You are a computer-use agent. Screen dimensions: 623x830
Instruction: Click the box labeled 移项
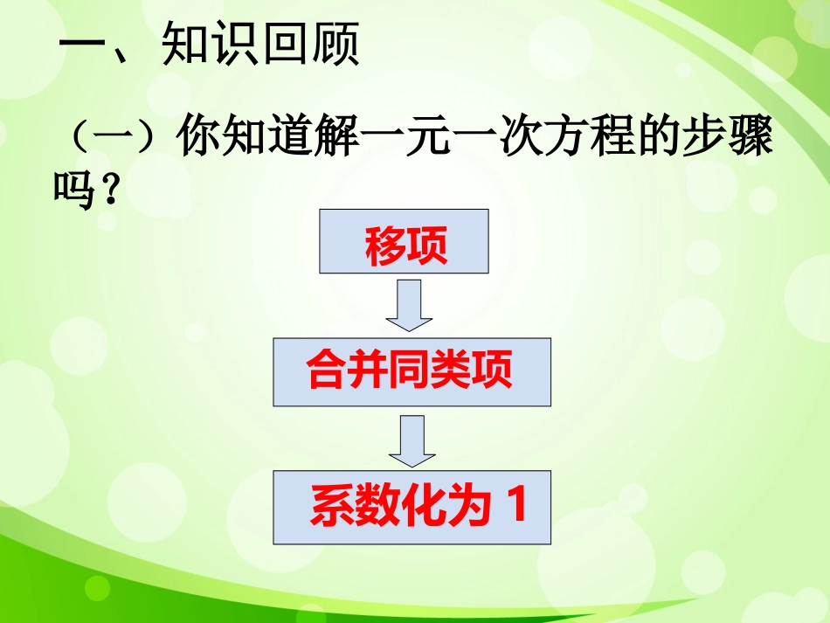(403, 241)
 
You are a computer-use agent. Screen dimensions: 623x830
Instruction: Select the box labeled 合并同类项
(412, 372)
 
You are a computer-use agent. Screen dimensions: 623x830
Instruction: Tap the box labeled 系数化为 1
(412, 508)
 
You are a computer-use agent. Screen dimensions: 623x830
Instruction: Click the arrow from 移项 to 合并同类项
(408, 306)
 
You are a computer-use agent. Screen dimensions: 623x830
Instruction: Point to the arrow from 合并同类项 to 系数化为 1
(412, 441)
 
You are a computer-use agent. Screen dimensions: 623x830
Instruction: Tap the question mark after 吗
(108, 189)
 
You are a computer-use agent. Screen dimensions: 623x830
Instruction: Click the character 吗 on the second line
(73, 189)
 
